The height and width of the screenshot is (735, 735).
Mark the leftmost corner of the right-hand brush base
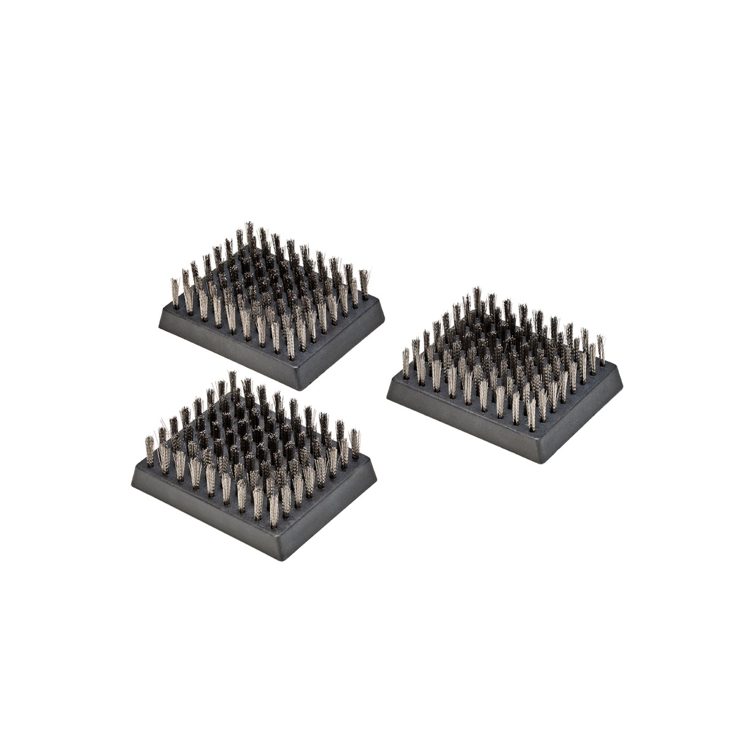click(x=388, y=397)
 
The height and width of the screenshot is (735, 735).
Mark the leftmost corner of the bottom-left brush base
click(x=132, y=481)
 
